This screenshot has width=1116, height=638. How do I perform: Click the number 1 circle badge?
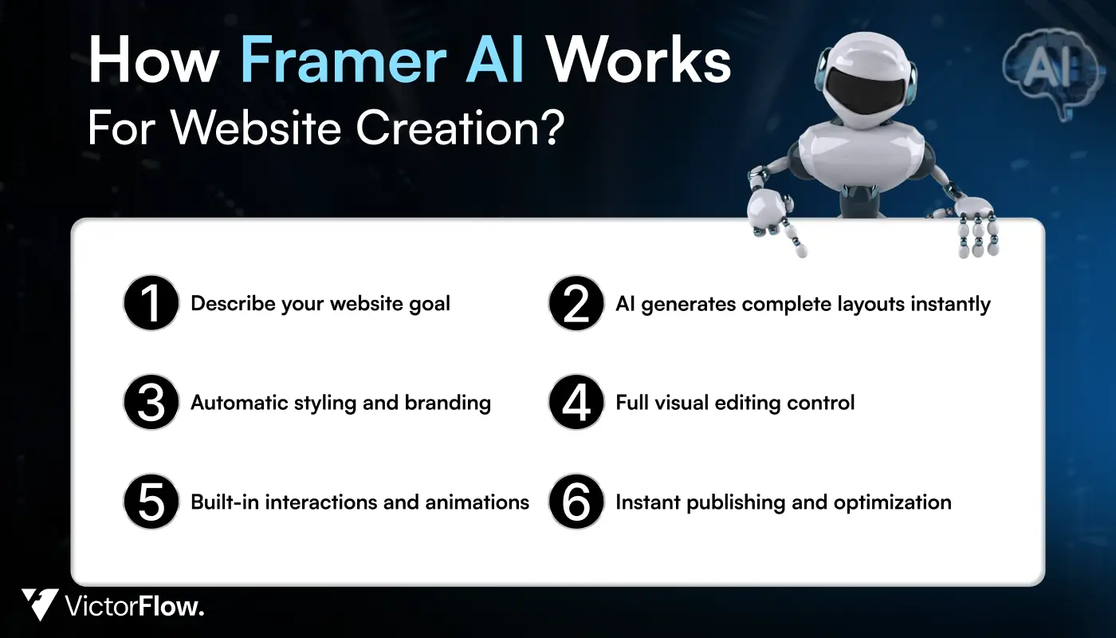tap(150, 304)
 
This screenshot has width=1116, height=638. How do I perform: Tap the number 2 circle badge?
tap(576, 304)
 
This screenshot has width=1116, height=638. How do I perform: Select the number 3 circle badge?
tap(150, 402)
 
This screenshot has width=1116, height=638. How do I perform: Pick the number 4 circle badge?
tap(576, 402)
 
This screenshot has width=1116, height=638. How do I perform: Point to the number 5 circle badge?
tap(150, 502)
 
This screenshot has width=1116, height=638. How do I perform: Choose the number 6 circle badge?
tap(576, 502)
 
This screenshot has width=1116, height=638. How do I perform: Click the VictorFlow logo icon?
tap(39, 604)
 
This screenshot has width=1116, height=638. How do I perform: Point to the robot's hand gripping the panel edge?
tap(977, 226)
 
